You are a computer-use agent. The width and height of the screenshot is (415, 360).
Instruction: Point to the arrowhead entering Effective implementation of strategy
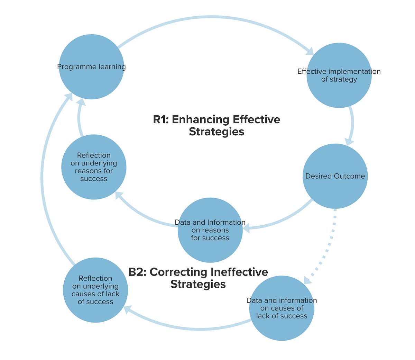pyautogui.click(x=309, y=51)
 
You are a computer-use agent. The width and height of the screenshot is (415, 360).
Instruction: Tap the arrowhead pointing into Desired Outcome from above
pyautogui.click(x=349, y=141)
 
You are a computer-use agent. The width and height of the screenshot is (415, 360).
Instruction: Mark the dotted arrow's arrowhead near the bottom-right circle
pyautogui.click(x=307, y=280)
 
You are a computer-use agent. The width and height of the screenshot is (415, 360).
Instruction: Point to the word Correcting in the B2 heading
pyautogui.click(x=178, y=272)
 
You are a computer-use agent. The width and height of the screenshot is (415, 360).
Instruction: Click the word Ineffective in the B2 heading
pyautogui.click(x=239, y=272)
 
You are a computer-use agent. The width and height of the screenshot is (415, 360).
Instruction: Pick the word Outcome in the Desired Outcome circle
pyautogui.click(x=350, y=176)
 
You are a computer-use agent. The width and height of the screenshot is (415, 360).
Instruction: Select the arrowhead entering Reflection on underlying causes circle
pyautogui.click(x=127, y=309)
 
